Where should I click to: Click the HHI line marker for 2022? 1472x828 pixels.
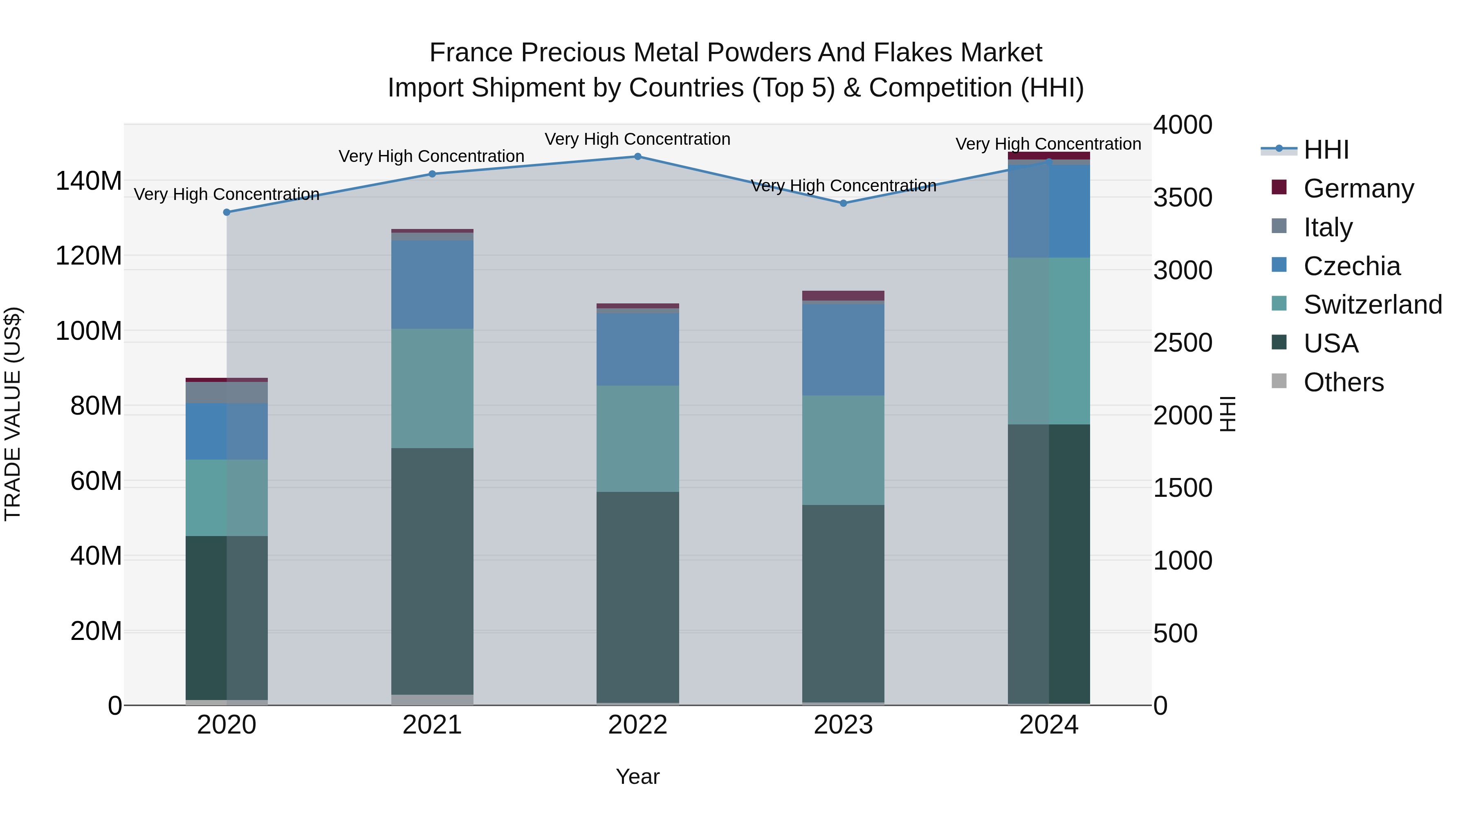coord(638,157)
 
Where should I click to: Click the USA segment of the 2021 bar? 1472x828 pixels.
coord(432,572)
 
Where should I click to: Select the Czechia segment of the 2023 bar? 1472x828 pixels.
coord(844,350)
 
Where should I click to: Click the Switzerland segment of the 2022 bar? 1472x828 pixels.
coord(638,438)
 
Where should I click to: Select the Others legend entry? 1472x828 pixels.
coord(1344,382)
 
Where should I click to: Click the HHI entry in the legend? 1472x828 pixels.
coord(1326,149)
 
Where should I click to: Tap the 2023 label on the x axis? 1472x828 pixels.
coord(844,725)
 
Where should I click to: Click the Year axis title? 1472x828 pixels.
coord(638,776)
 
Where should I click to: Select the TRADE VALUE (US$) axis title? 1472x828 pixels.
coord(13,414)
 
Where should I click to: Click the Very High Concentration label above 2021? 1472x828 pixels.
coord(431,156)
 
